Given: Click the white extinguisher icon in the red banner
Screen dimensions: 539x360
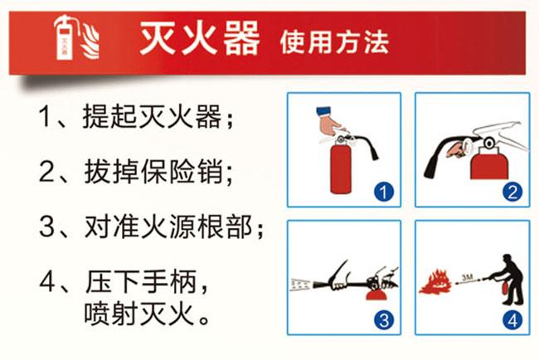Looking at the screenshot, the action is (x=65, y=38).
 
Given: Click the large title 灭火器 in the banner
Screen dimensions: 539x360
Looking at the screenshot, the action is (x=199, y=38).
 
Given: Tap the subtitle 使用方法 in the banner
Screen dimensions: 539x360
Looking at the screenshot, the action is (x=334, y=42).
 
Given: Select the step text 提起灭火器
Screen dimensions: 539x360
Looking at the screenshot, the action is (x=152, y=117).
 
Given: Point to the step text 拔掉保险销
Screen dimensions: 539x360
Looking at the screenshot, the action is (x=153, y=171).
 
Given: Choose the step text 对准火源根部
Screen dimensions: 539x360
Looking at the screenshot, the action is (x=168, y=226).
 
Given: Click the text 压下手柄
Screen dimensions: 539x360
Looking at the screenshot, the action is (x=141, y=281).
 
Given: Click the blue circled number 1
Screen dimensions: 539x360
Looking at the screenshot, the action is (x=384, y=192).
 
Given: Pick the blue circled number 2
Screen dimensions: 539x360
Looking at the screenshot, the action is (x=512, y=192).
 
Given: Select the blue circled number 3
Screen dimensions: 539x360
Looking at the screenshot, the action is (x=384, y=320).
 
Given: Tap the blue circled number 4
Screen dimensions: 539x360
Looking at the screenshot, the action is (x=512, y=320).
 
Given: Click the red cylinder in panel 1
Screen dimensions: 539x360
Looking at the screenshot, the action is (x=341, y=169).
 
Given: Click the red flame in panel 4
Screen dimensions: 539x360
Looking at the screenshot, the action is (x=435, y=282).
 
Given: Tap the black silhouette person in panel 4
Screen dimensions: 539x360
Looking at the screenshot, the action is (x=508, y=280).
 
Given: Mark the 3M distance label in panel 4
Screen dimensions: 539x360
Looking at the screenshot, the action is (x=468, y=277).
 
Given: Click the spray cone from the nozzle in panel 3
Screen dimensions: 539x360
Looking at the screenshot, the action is (x=301, y=285).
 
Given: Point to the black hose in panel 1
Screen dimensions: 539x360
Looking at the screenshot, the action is (x=368, y=146).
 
